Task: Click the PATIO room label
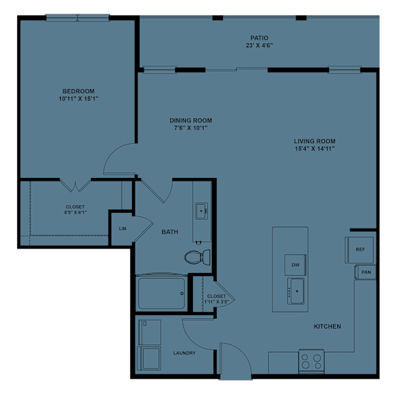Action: (x=259, y=38)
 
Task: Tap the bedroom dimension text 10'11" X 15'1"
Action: (x=79, y=99)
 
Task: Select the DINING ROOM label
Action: (x=189, y=120)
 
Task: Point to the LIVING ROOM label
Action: (x=315, y=141)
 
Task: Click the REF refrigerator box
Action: (x=360, y=250)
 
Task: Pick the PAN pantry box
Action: (x=366, y=272)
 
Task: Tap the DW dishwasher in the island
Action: (x=295, y=264)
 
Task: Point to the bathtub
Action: (x=162, y=293)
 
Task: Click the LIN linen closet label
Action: (x=122, y=228)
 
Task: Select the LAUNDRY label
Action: (x=184, y=353)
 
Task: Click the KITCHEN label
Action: (x=327, y=327)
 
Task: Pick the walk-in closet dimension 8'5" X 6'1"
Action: (x=75, y=212)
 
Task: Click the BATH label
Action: (x=170, y=232)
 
